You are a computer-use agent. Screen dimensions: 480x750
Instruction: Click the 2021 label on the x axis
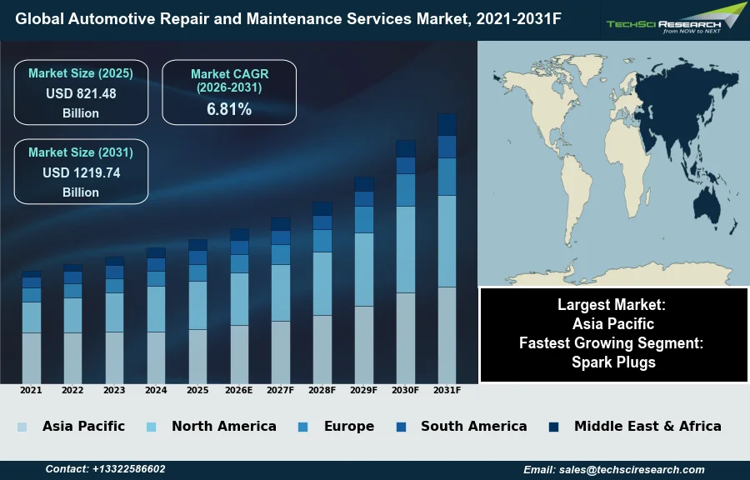(x=31, y=390)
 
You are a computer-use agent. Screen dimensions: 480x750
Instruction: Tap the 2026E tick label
(x=239, y=390)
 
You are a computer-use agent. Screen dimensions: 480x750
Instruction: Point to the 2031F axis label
(x=447, y=390)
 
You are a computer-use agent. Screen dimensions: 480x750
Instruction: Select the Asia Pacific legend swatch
(x=22, y=427)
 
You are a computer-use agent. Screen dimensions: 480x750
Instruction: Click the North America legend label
(x=223, y=426)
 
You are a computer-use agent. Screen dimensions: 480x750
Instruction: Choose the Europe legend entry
(x=348, y=426)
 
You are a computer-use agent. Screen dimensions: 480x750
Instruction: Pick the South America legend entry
(x=473, y=426)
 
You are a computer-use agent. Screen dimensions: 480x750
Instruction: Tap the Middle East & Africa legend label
(x=647, y=426)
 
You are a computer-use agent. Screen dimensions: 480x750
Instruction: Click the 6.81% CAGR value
(x=229, y=109)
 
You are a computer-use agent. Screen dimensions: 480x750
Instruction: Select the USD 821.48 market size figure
(x=81, y=94)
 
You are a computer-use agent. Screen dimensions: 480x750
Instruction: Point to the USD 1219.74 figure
(x=81, y=173)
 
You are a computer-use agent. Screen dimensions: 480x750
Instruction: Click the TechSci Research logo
(x=675, y=20)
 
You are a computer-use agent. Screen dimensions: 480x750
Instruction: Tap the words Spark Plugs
(x=613, y=362)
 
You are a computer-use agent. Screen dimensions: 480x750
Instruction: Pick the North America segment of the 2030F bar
(x=406, y=249)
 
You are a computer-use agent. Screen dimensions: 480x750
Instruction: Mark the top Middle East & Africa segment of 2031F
(x=447, y=124)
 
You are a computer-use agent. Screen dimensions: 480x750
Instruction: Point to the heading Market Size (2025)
(x=81, y=73)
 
